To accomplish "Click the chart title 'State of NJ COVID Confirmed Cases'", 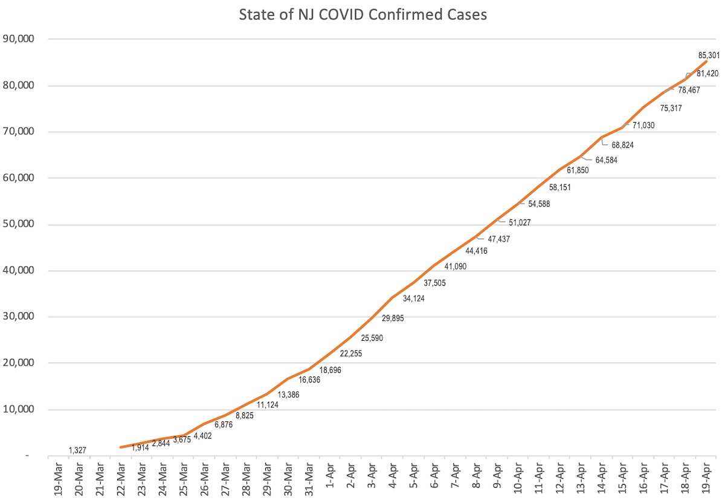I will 362,15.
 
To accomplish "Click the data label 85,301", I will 709,56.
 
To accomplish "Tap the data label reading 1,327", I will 78,450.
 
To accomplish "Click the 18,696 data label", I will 330,370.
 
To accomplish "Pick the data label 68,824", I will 622,146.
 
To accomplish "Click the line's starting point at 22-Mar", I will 121,447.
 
